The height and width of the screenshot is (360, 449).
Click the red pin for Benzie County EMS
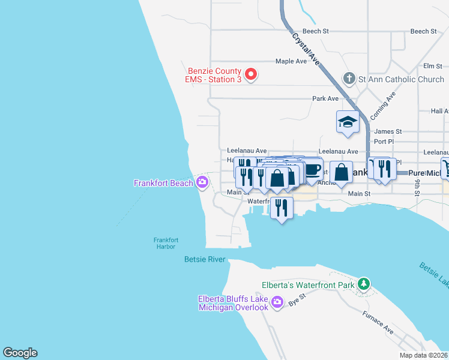[x=252, y=75]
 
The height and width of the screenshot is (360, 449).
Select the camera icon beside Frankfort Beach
[x=202, y=182]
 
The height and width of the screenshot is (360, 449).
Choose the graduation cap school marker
[x=347, y=122]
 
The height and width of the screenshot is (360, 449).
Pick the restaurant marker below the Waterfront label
[x=281, y=208]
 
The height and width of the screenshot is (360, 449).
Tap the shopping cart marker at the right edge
[x=446, y=168]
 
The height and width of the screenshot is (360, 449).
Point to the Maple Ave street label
[x=291, y=61]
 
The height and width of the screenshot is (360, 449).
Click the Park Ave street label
[x=325, y=98]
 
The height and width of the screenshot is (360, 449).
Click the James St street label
[x=387, y=131]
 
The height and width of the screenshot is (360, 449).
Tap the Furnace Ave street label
[x=378, y=322]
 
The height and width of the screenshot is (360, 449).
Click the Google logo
[x=20, y=353]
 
